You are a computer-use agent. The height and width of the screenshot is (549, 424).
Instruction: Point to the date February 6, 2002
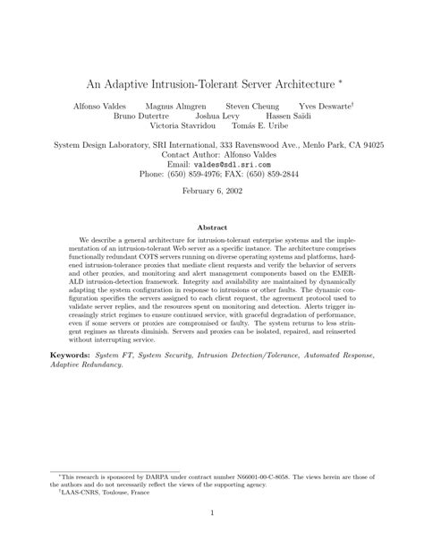tap(212, 193)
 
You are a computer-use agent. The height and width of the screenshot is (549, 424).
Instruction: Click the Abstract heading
tap(212, 228)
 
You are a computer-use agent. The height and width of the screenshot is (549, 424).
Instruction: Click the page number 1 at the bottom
tap(212, 537)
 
